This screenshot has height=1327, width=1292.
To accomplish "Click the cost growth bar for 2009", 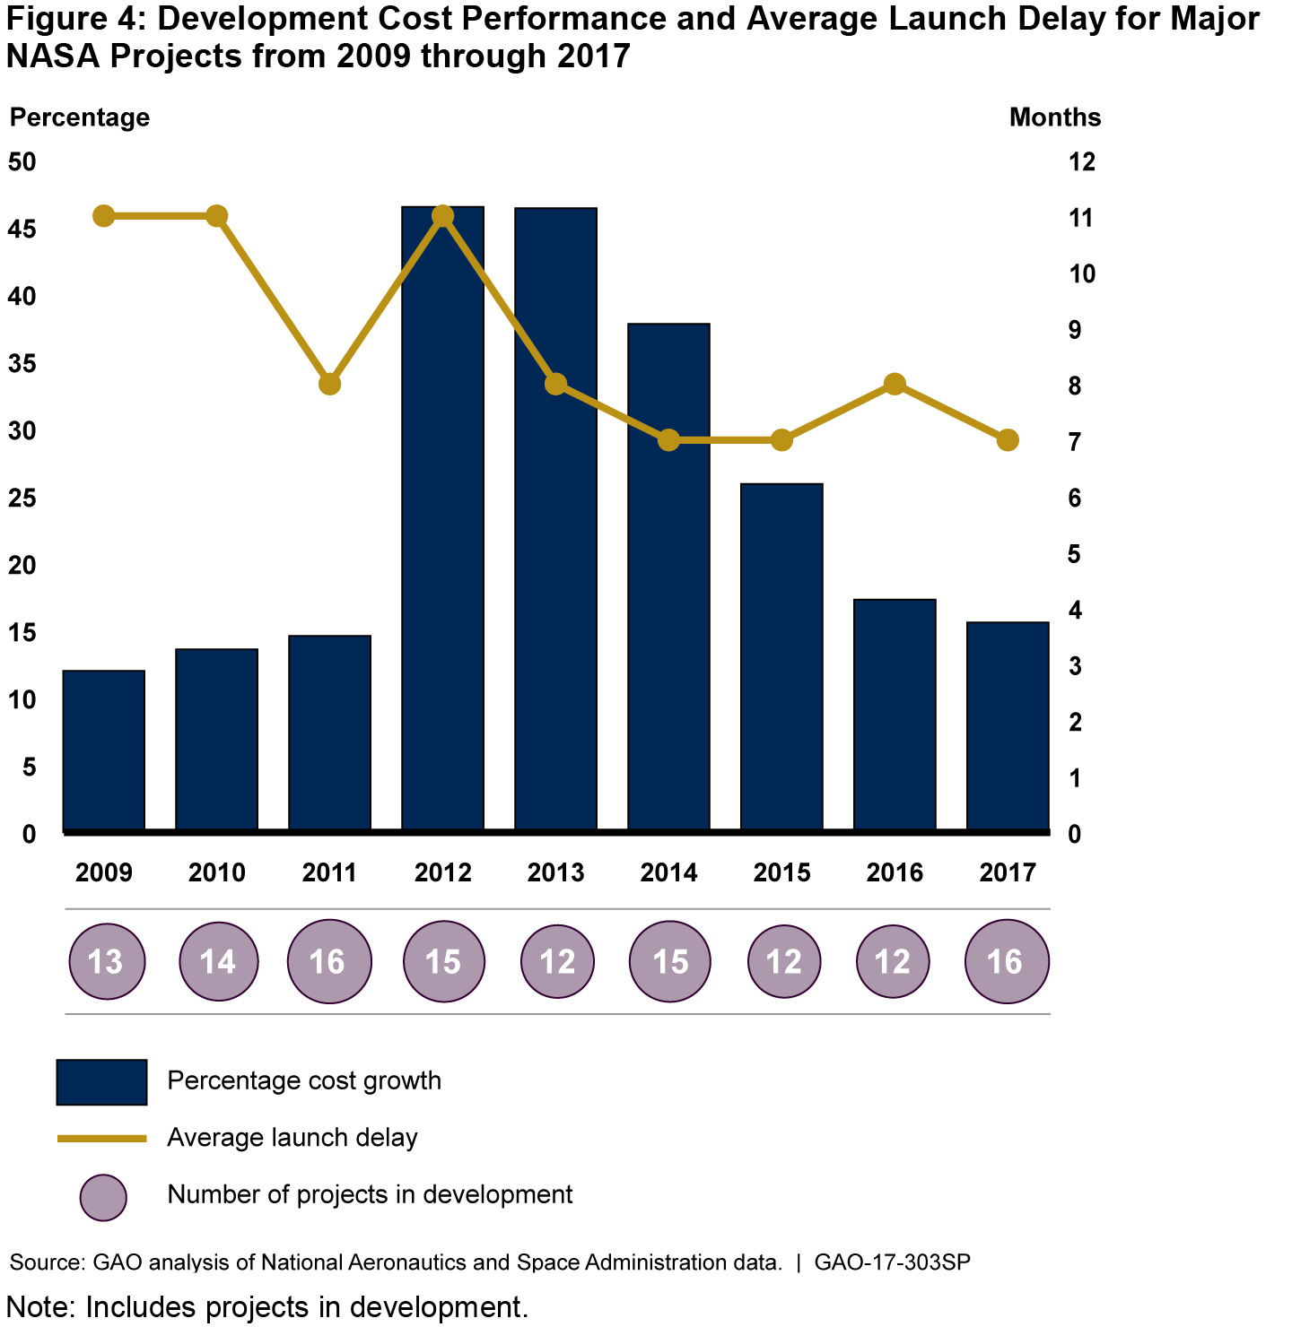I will tap(104, 750).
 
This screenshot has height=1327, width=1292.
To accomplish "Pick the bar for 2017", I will tap(1008, 726).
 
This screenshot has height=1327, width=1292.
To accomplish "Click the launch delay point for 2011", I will tap(330, 384).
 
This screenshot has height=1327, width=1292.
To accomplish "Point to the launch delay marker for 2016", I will tap(895, 384).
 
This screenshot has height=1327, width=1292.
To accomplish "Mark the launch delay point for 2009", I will tap(104, 216).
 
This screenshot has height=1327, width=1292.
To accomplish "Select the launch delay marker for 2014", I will tap(668, 440).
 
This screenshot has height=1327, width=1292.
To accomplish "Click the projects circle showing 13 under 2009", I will tap(107, 962).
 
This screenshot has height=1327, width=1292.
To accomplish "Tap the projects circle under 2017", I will tap(1006, 962).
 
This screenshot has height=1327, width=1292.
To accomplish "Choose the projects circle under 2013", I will tap(557, 962).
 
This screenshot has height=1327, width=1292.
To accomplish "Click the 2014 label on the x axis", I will tap(668, 872).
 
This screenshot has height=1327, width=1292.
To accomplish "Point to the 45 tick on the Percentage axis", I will tap(22, 230).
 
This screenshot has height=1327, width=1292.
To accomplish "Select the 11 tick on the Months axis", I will tap(1081, 218).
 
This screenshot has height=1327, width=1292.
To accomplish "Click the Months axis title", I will tap(1054, 117).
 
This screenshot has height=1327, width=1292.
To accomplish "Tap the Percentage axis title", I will tap(80, 117).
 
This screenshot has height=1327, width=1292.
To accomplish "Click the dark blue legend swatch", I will tap(101, 1082).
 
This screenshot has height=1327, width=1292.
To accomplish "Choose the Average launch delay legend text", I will tap(292, 1138).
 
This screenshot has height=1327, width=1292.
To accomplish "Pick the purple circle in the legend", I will tap(103, 1197).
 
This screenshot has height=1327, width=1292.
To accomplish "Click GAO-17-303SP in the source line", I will tap(892, 1262).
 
